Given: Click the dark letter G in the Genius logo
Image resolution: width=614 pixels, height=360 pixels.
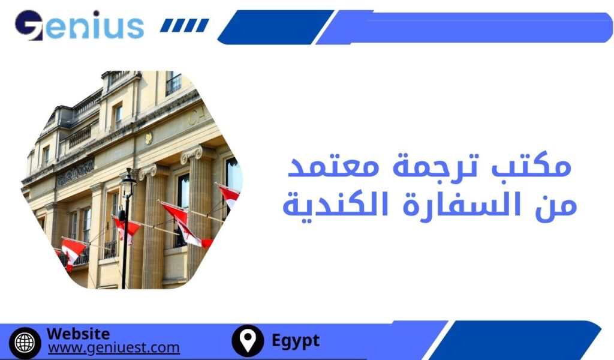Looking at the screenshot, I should tap(29, 26).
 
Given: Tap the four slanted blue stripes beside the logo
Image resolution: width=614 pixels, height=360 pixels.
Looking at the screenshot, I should tap(185, 25).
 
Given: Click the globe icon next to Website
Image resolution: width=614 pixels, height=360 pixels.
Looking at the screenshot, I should tap(25, 342).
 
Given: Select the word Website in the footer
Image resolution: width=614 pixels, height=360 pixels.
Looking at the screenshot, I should tap(78, 334).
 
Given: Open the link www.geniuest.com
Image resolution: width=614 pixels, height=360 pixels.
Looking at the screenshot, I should tap(113, 347).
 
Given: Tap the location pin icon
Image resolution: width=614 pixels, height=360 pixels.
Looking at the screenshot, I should tap(247, 341).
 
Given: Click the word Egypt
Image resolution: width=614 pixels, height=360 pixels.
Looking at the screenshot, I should tap(296, 341).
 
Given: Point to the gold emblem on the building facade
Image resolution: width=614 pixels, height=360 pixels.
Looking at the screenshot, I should tap(148, 137).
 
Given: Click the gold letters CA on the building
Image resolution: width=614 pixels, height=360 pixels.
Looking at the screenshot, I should tap(198, 116).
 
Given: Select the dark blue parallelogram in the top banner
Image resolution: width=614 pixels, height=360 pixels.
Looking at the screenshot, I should tap(275, 27).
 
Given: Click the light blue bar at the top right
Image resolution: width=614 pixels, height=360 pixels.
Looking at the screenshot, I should tap(468, 27).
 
